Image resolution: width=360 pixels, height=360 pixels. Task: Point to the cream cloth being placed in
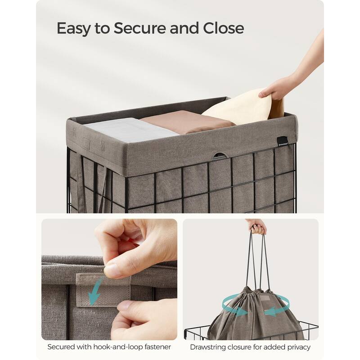tap(238, 108)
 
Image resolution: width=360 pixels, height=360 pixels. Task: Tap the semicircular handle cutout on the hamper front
tap(220, 156)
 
